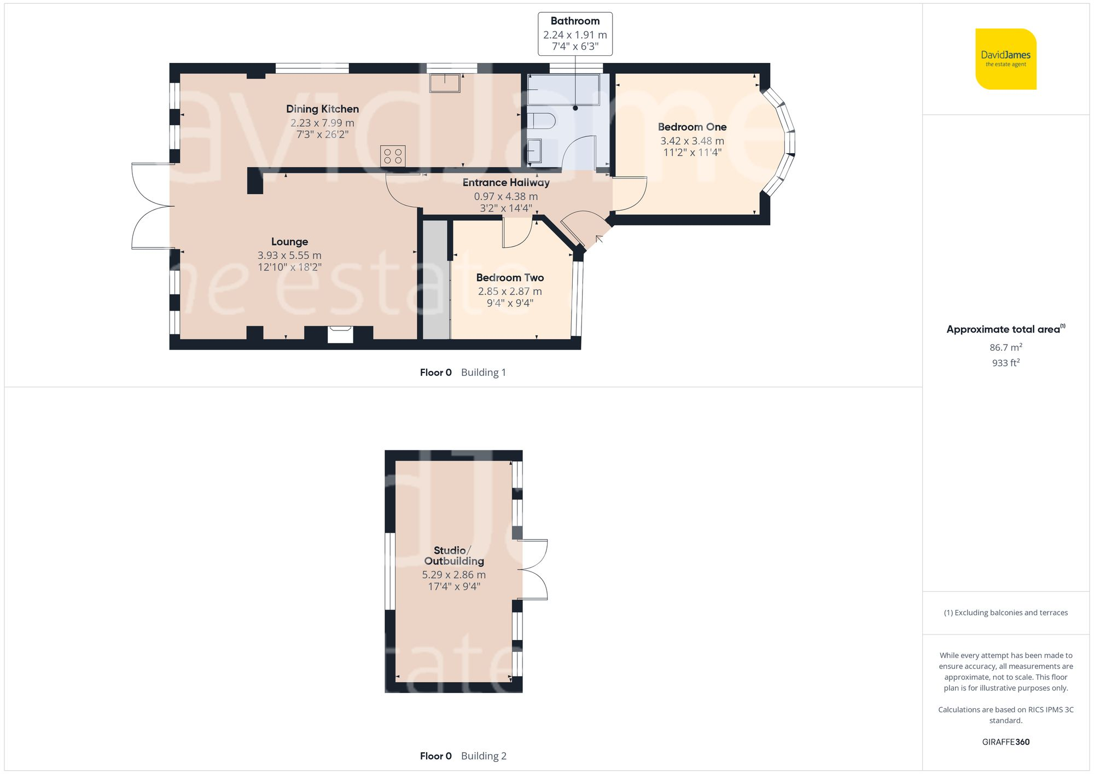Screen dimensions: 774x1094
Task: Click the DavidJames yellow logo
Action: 1005,59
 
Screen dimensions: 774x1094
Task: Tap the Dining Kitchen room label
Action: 322,109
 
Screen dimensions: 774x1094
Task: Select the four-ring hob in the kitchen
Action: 393,156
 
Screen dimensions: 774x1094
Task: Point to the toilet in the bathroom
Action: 541,120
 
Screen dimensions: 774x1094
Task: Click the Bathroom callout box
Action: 575,34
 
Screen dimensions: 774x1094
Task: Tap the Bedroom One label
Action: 692,127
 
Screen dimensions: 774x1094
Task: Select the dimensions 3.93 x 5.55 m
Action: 289,255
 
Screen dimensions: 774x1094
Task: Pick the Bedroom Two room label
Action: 510,278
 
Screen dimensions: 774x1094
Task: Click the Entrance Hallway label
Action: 506,183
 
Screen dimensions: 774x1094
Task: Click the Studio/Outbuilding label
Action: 454,556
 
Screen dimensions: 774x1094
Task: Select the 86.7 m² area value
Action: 1005,347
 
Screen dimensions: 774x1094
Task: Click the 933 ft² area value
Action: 1005,363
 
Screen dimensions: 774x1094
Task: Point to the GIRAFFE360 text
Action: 1005,742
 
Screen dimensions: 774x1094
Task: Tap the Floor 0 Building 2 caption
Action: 463,756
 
